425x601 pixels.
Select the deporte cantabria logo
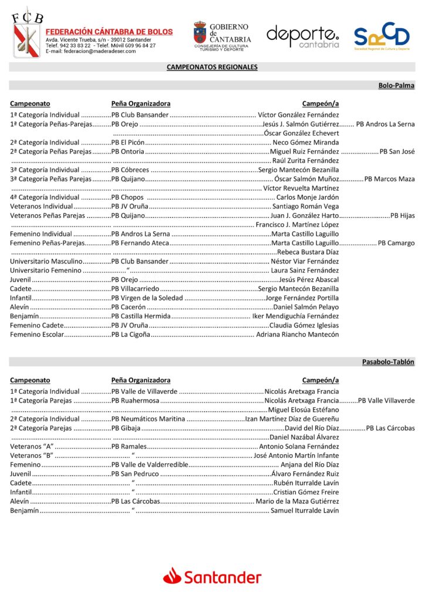(302, 36)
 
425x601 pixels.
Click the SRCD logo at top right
(382, 36)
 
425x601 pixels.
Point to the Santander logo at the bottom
(212, 577)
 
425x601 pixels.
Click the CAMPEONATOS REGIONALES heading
(212, 67)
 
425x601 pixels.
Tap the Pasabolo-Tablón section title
(388, 362)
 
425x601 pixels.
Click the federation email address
(90, 51)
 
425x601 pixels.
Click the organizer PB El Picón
(128, 143)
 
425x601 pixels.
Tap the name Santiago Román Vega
(305, 207)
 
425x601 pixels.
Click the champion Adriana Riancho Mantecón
(298, 335)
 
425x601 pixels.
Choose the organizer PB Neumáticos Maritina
(148, 419)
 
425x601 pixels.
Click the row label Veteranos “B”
(32, 455)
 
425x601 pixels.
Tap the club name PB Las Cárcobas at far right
(390, 428)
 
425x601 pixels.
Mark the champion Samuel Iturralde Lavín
(305, 511)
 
